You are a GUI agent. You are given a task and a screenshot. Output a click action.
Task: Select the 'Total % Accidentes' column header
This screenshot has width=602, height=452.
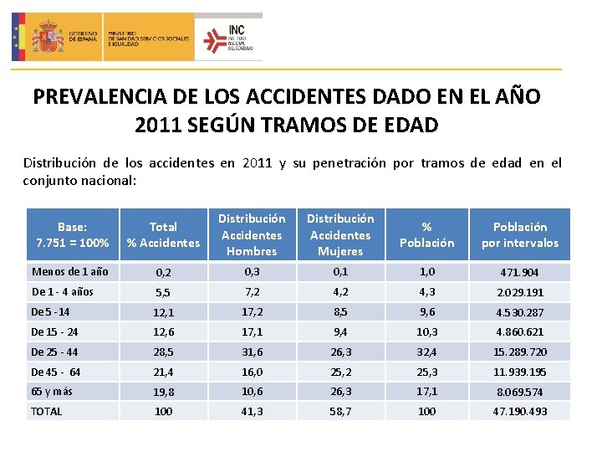(163, 234)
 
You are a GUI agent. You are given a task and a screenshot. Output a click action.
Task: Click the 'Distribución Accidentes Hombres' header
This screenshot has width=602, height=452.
(252, 234)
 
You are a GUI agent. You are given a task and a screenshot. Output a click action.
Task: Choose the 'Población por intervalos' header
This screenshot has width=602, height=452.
(519, 234)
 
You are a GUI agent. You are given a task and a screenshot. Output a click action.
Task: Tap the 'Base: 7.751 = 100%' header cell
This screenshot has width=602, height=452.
(72, 234)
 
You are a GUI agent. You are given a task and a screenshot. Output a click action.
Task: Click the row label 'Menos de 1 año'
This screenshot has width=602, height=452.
(69, 272)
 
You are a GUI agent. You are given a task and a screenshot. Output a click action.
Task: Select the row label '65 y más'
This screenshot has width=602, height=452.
(51, 391)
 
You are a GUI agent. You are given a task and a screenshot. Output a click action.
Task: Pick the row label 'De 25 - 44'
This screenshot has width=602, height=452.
(54, 352)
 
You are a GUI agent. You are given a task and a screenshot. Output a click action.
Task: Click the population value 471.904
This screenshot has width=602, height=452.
(519, 273)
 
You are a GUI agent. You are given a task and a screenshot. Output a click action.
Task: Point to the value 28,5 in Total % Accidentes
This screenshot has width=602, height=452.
(163, 352)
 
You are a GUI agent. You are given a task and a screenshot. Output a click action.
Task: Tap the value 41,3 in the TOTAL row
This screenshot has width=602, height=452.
(252, 412)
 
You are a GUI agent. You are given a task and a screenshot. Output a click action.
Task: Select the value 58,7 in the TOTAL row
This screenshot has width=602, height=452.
(340, 412)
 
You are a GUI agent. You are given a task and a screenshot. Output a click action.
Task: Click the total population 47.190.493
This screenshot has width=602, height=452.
(519, 412)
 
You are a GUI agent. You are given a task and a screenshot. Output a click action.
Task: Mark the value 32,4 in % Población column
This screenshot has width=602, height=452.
(426, 352)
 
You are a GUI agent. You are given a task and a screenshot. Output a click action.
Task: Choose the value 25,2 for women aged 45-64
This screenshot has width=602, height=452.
(340, 372)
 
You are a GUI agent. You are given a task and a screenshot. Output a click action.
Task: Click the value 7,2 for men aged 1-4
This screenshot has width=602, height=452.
(252, 292)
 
